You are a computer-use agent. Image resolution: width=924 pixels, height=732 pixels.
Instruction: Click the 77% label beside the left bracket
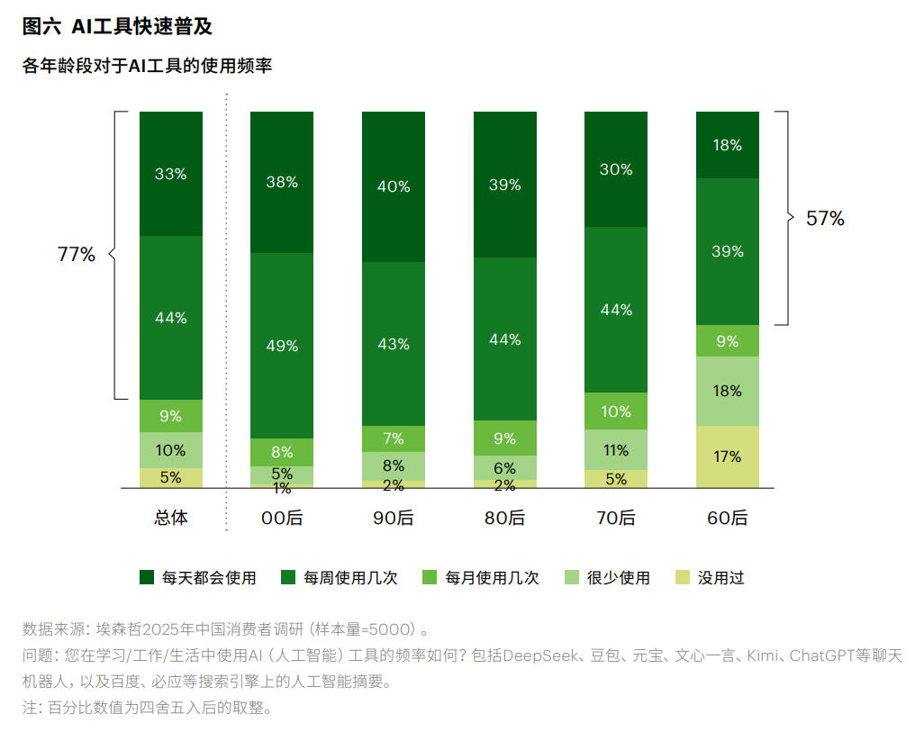pyautogui.click(x=76, y=255)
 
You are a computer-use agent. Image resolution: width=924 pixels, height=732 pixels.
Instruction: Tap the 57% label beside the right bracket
pyautogui.click(x=825, y=218)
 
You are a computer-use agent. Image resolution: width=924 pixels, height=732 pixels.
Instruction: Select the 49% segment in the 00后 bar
pyautogui.click(x=282, y=345)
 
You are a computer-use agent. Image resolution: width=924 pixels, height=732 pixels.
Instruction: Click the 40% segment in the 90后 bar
pyautogui.click(x=394, y=186)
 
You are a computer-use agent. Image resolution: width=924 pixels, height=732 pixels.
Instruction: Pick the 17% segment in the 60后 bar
pyautogui.click(x=728, y=456)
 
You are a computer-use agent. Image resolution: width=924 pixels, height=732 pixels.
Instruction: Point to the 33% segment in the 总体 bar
pyautogui.click(x=171, y=174)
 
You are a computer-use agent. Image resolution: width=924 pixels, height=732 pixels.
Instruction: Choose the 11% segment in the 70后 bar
pyautogui.click(x=616, y=449)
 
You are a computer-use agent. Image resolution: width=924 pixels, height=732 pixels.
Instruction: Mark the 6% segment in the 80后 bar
pyautogui.click(x=505, y=467)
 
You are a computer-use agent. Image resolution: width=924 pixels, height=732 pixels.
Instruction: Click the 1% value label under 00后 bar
pyautogui.click(x=282, y=490)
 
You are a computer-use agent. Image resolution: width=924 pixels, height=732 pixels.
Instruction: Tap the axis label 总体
pyautogui.click(x=171, y=519)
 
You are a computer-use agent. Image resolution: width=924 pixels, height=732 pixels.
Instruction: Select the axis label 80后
pyautogui.click(x=505, y=519)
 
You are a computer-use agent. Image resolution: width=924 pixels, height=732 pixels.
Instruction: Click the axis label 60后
pyautogui.click(x=728, y=519)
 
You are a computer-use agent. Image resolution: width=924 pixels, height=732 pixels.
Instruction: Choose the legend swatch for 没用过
pyautogui.click(x=683, y=578)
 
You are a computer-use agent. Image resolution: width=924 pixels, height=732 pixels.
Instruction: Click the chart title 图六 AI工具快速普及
pyautogui.click(x=117, y=26)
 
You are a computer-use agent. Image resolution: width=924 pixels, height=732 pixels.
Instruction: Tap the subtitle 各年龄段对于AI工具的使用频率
pyautogui.click(x=147, y=66)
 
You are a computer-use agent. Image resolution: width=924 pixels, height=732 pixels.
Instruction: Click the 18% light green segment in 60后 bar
pyautogui.click(x=728, y=391)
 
